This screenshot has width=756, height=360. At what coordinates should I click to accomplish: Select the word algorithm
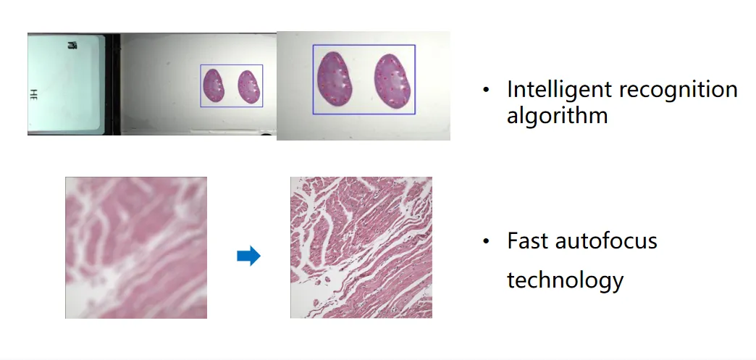[557, 116]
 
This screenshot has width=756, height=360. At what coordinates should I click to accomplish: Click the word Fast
[528, 240]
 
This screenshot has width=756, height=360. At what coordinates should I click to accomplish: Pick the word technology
[565, 280]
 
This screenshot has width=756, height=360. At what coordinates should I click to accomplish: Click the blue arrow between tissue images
[249, 255]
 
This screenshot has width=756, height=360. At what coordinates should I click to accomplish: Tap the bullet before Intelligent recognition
[486, 90]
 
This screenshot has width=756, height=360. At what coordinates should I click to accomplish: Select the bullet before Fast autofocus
[486, 240]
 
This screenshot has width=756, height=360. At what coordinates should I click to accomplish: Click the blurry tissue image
[136, 248]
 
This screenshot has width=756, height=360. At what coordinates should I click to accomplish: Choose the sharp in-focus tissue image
[361, 248]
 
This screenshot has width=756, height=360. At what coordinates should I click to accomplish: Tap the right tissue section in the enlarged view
[392, 80]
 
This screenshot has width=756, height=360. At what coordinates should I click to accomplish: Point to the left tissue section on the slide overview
[214, 85]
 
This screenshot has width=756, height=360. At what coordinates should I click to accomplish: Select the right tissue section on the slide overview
[249, 87]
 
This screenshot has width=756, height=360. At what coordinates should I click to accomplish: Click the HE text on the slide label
[33, 94]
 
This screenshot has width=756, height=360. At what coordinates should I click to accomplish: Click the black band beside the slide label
[113, 84]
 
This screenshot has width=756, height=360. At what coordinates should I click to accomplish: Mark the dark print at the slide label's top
[72, 46]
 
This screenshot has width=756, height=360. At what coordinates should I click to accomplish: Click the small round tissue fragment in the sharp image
[327, 280]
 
